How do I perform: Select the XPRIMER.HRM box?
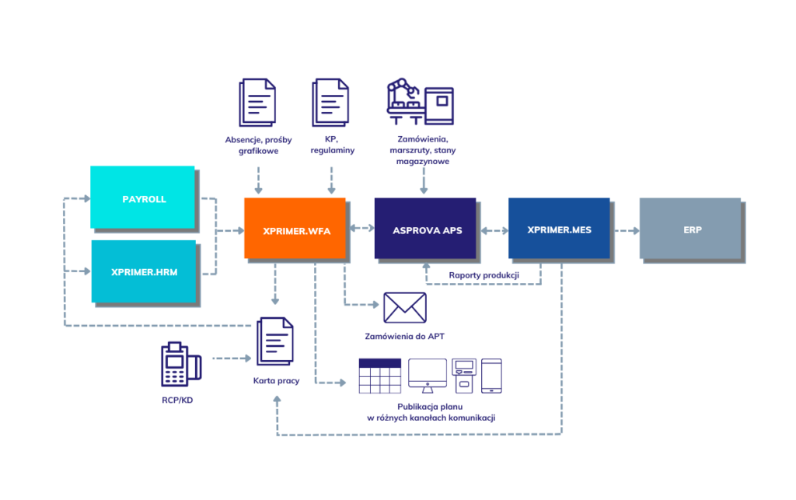coord(144,271)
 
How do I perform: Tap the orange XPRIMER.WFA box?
coord(295,228)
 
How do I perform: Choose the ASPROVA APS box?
coord(424,228)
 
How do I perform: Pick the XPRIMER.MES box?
coord(558,228)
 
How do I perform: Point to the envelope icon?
coord(404,308)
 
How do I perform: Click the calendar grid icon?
coord(379,376)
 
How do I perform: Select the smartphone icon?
coord(491,376)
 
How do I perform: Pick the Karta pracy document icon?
coord(275,341)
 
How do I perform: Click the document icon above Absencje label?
coord(257,102)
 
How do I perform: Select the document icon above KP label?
coord(330,102)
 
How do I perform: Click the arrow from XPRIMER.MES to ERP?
coord(625,231)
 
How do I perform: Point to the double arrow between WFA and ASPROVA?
coord(360,227)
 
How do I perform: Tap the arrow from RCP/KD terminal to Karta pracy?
coord(232,358)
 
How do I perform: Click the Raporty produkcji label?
coord(484,274)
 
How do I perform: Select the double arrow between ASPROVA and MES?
coord(492,231)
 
